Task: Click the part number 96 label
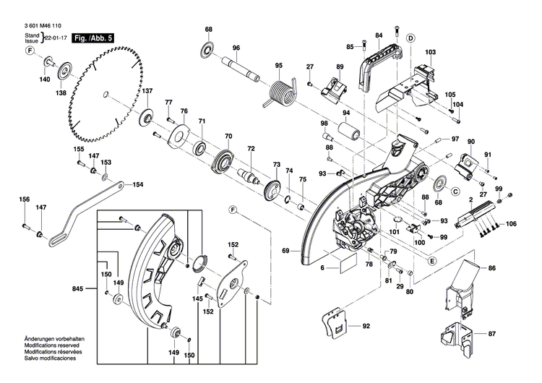pos(236,48)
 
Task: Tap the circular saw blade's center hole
pos(107,92)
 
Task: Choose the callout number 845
pos(77,288)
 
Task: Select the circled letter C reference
pos(456,191)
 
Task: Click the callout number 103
pos(430,53)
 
